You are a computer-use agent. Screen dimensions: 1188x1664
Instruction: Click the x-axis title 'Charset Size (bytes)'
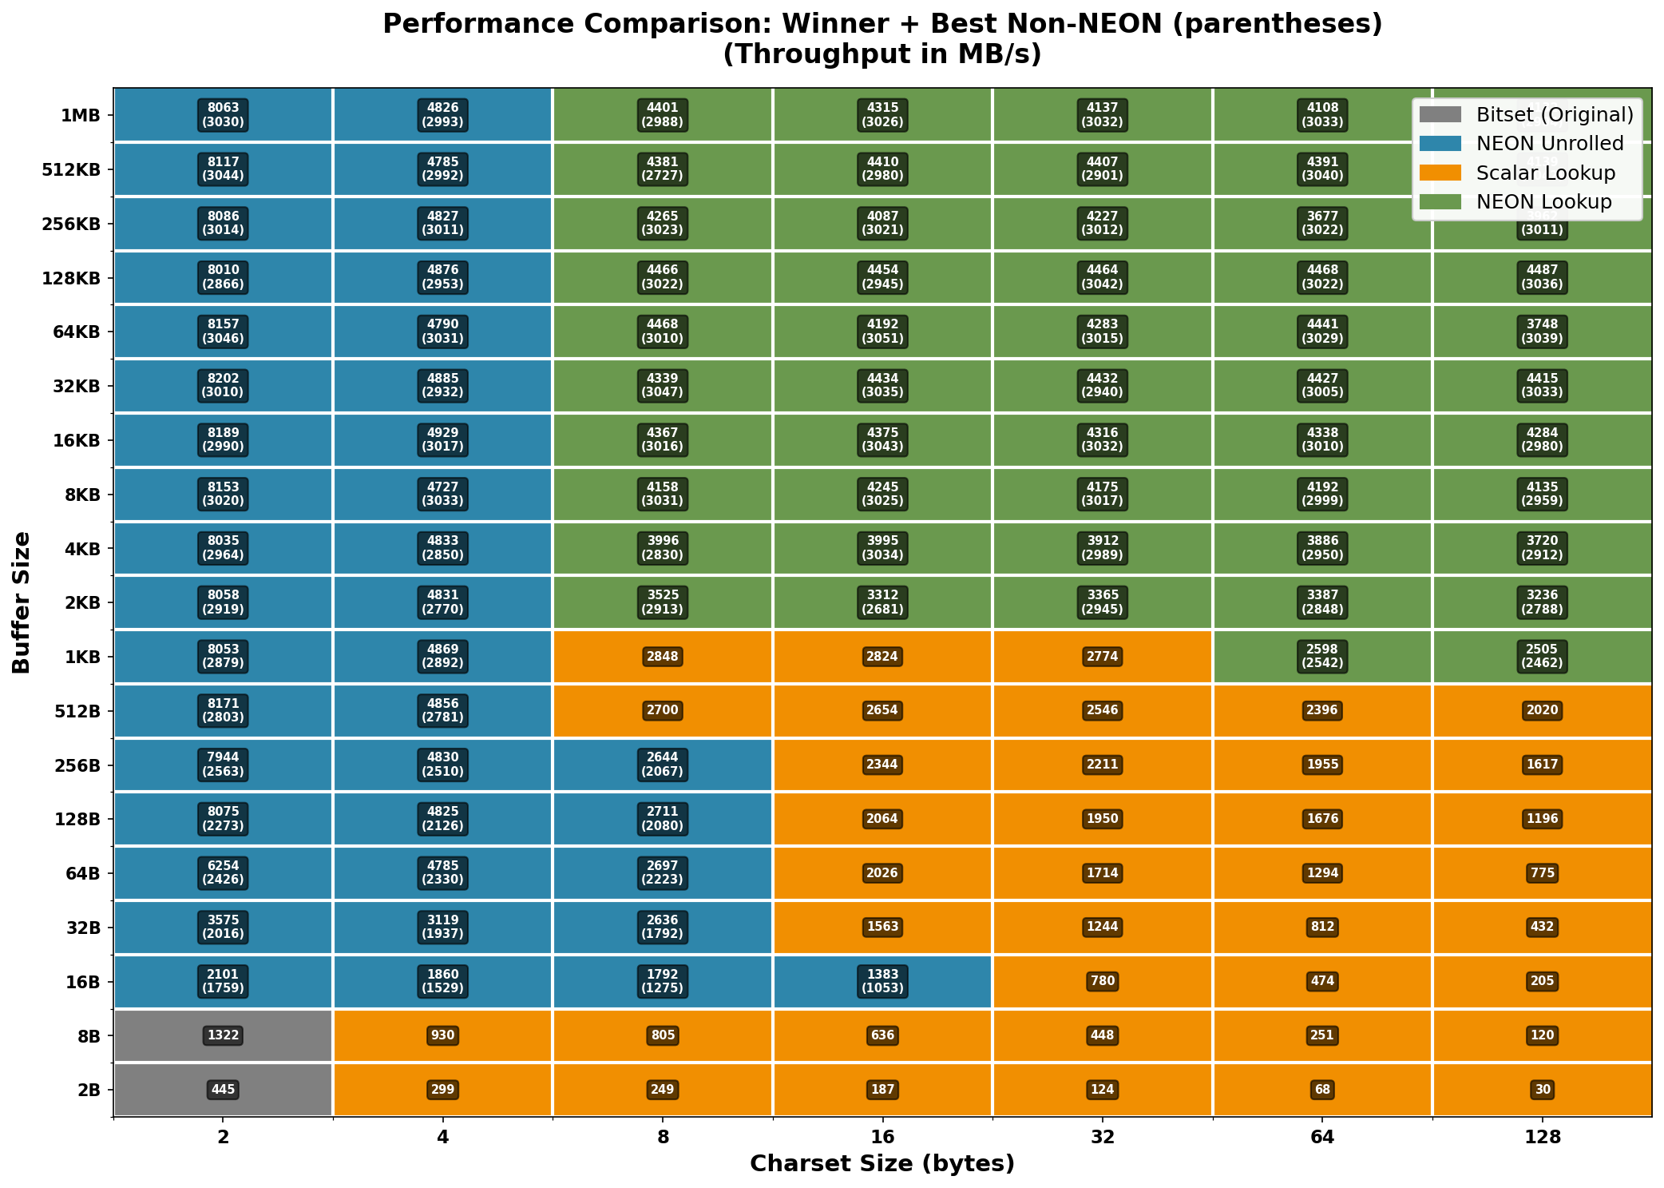coord(882,1163)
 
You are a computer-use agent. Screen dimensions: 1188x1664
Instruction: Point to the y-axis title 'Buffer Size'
coord(22,602)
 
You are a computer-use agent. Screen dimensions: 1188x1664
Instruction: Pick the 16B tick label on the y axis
coord(83,982)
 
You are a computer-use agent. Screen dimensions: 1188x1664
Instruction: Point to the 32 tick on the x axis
coord(1103,1137)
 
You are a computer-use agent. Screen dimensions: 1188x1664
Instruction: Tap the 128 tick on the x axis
coord(1543,1137)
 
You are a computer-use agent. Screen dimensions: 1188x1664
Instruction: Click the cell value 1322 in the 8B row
coord(224,1035)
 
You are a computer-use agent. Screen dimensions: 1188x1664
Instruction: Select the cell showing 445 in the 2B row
coord(224,1090)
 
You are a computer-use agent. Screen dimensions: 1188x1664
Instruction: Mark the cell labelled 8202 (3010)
coord(224,385)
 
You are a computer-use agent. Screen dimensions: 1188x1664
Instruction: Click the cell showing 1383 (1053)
coord(882,981)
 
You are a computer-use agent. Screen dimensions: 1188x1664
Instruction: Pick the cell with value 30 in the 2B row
coord(1543,1090)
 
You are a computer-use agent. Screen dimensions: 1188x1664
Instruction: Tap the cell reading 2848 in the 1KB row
coord(663,657)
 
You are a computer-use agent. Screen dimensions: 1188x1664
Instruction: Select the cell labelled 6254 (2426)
coord(224,872)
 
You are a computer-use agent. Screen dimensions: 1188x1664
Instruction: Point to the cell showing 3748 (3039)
coord(1543,332)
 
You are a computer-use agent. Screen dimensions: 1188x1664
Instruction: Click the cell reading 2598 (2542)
coord(1322,656)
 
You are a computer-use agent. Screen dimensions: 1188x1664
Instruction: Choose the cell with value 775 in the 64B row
coord(1543,873)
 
